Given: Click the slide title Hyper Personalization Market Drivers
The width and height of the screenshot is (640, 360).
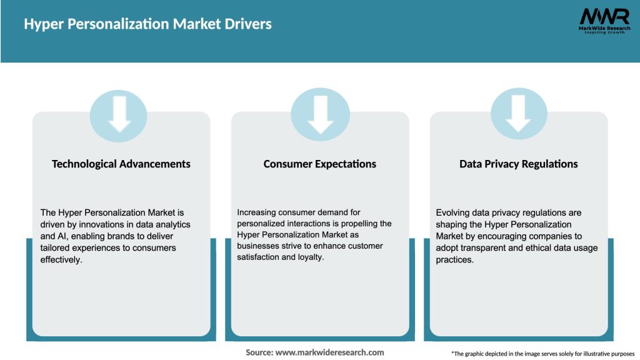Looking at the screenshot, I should coord(147,24).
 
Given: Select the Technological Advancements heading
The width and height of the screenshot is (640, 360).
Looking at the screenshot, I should coord(121,164).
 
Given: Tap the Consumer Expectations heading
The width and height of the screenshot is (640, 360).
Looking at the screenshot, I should coord(320,164).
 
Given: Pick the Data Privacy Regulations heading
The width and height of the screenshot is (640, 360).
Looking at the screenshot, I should coord(519,164).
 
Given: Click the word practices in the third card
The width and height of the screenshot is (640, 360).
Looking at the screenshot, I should coord(455,260).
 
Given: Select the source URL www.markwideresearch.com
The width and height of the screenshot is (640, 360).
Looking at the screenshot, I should coord(329,352).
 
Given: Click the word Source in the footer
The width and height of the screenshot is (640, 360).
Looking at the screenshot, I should coord(259,352).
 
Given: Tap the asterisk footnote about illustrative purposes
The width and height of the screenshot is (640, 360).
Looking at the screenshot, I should coord(542,354).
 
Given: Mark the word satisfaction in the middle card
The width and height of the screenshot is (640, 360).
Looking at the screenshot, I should coord(260,257).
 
